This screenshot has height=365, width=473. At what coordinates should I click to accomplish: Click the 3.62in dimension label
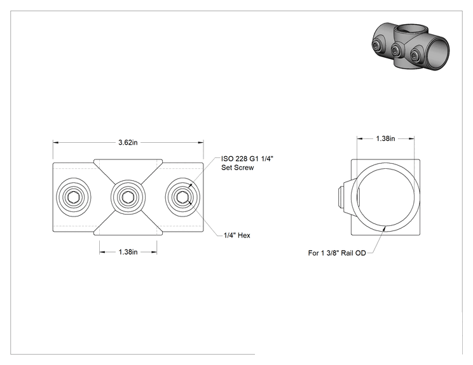(128, 142)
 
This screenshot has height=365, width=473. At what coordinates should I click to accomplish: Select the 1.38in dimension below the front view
(128, 252)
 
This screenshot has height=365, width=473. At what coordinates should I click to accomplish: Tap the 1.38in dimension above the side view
(385, 138)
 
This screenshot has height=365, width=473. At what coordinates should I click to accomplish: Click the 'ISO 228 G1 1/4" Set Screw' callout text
(247, 163)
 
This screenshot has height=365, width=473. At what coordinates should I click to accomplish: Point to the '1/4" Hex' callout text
(236, 236)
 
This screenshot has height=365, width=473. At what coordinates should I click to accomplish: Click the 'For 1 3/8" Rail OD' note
(337, 253)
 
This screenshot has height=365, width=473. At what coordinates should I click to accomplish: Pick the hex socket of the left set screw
(73, 197)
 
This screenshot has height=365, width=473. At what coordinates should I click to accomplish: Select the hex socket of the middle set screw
(128, 197)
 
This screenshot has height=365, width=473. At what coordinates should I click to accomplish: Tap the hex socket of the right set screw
(182, 197)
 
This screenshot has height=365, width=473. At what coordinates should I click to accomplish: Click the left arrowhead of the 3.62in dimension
(56, 142)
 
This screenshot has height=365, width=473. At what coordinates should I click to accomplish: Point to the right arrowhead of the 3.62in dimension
(201, 142)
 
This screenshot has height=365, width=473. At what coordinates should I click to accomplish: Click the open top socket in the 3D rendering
(407, 29)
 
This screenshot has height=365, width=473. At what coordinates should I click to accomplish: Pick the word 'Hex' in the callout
(244, 236)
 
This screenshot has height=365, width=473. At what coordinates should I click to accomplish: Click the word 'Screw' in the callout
(244, 168)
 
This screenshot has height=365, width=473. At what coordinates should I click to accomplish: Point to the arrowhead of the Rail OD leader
(384, 229)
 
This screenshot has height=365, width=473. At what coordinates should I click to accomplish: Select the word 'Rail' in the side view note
(347, 253)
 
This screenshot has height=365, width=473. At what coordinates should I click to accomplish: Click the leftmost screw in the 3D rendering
(377, 46)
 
